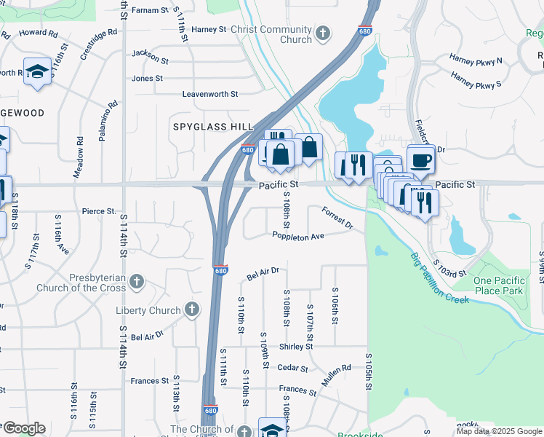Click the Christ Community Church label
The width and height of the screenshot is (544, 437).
271,34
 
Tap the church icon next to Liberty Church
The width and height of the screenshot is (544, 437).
191,311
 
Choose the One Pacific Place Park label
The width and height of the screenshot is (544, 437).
498,286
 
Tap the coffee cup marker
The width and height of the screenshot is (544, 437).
421,160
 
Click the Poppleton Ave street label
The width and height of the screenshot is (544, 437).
298,236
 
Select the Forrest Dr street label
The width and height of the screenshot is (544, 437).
337,218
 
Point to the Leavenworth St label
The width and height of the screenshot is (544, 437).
210,94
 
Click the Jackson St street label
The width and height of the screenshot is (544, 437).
150,54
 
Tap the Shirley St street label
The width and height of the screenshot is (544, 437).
295,347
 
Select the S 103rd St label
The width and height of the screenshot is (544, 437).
449,268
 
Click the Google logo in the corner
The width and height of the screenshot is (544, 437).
23,428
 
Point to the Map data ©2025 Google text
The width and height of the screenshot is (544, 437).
499,431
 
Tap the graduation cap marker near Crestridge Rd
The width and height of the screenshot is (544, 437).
36,72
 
